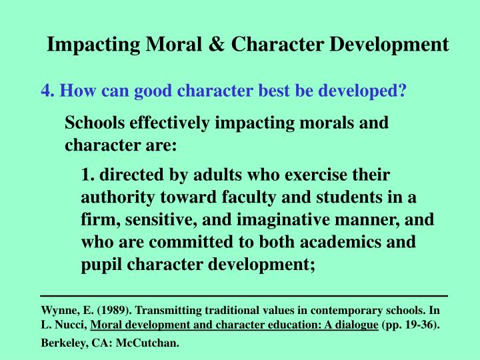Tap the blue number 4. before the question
47,91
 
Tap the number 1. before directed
87,175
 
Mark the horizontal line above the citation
244,295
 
